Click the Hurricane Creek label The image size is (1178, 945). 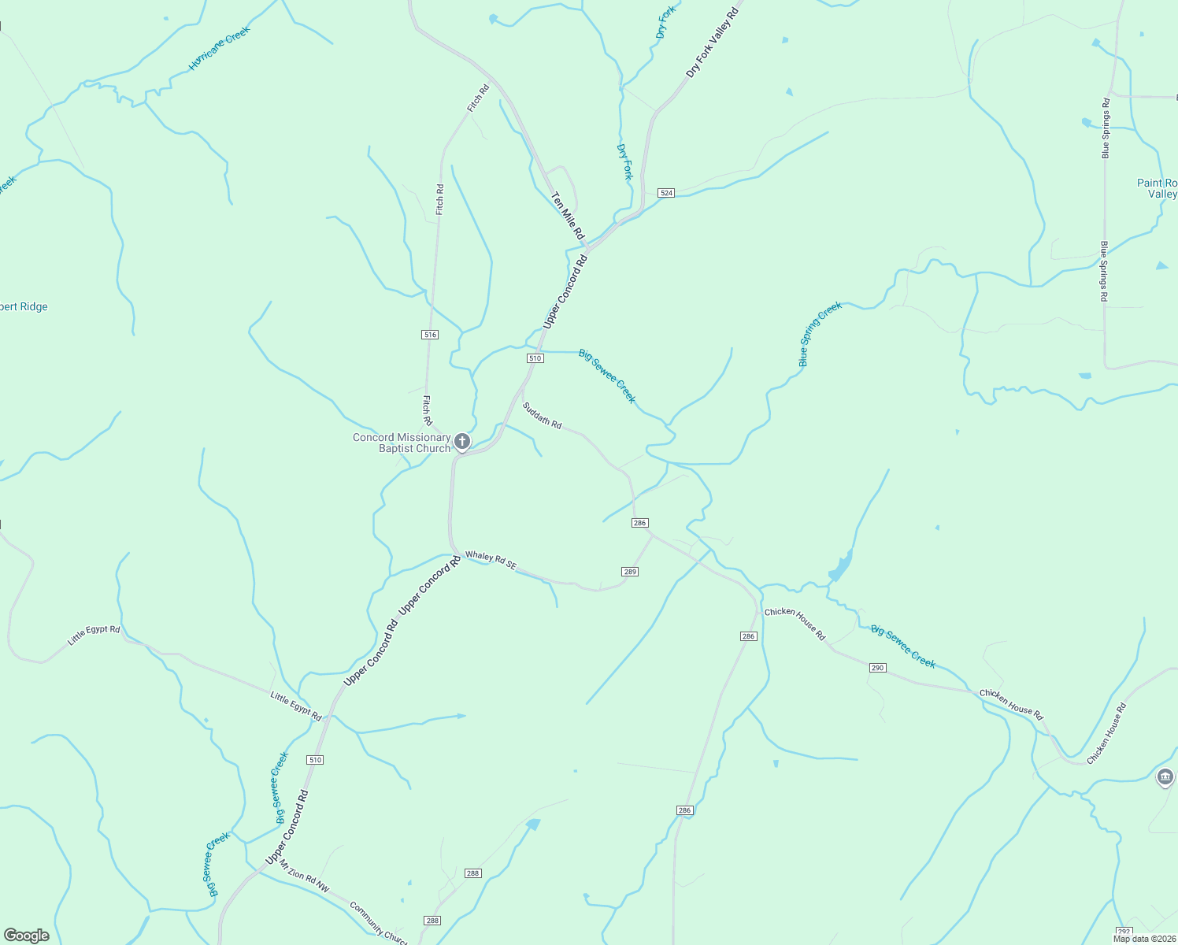(x=220, y=49)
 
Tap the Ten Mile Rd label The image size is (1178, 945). (x=568, y=216)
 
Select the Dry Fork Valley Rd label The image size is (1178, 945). (x=713, y=43)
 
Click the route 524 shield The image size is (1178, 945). (x=666, y=193)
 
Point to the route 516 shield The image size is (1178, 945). (x=429, y=335)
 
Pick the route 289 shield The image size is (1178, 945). (x=629, y=572)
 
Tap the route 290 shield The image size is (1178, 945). (x=878, y=668)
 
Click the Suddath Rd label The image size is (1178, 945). (x=542, y=416)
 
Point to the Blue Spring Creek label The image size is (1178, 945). (x=820, y=334)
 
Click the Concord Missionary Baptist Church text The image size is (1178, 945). (x=402, y=443)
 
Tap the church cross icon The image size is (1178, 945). (x=462, y=441)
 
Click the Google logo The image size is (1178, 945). (x=26, y=936)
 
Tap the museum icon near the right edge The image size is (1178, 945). (x=1165, y=777)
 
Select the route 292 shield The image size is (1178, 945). (x=1124, y=932)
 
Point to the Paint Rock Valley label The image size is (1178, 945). (x=1158, y=188)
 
